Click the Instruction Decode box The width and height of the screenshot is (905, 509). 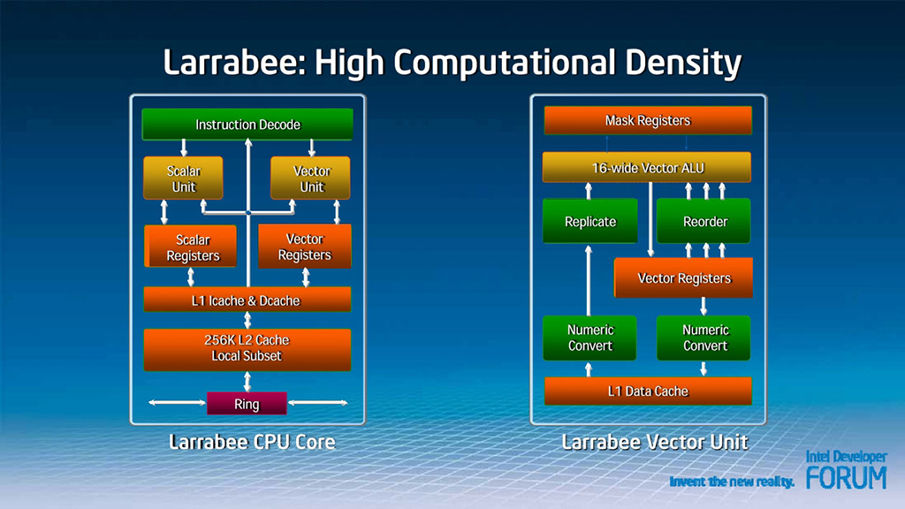[247, 124]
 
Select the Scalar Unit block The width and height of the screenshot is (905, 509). [183, 178]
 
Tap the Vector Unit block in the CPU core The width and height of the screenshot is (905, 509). [310, 178]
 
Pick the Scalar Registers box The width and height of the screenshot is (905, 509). [191, 247]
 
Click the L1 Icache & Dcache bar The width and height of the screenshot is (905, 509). [247, 300]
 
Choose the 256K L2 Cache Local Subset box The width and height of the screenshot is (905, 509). [247, 349]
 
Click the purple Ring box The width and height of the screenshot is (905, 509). [247, 403]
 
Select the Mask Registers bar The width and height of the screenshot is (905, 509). [648, 120]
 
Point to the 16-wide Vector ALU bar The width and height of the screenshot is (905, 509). [647, 167]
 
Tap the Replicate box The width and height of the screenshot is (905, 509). [589, 221]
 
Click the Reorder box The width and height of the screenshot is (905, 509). [703, 221]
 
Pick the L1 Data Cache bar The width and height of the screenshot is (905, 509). [648, 391]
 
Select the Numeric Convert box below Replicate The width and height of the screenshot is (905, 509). [589, 338]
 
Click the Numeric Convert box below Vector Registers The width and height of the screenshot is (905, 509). [703, 338]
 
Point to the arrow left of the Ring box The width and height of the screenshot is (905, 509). [177, 403]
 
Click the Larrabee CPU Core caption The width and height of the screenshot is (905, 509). [252, 442]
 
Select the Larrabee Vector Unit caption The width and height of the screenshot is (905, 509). [655, 442]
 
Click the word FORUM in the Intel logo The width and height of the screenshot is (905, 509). [846, 477]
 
